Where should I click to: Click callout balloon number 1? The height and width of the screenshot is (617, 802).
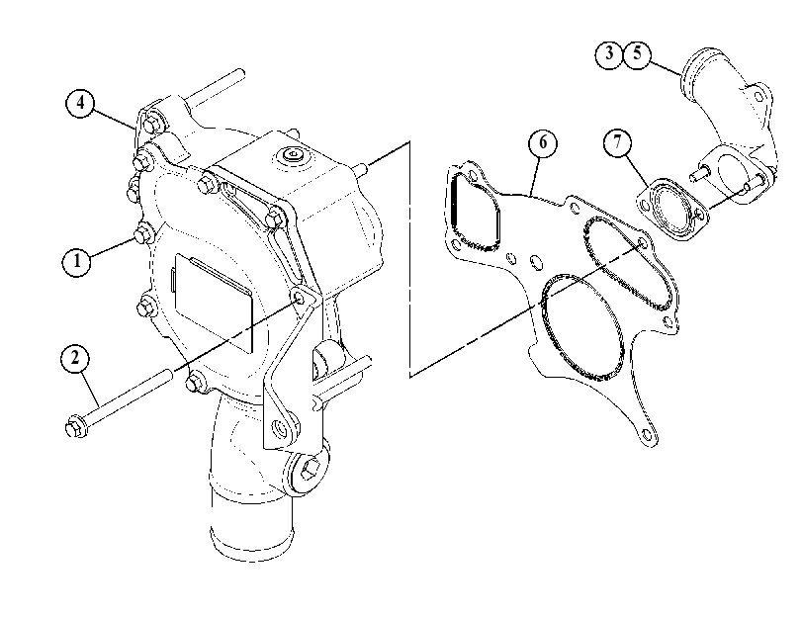coord(77,261)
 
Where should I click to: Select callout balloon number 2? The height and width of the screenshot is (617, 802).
coord(75,358)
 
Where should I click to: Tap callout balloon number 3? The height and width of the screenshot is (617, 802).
coord(608,53)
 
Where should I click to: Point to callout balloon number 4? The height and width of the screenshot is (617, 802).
coord(80,103)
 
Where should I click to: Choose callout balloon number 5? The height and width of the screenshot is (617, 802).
coord(637,53)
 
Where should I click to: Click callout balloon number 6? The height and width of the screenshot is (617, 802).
coord(542,142)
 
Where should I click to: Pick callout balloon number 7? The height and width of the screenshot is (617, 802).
coord(617,142)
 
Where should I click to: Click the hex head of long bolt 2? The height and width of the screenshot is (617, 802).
coord(77,427)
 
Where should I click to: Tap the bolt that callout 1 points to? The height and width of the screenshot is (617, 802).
coord(142,232)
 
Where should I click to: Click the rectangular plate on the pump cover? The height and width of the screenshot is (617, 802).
coord(213,303)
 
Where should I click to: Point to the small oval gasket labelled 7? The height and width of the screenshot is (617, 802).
coord(671,210)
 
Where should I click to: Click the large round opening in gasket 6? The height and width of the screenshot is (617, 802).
coord(582,327)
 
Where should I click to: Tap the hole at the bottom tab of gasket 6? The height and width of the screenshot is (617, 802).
coord(646,435)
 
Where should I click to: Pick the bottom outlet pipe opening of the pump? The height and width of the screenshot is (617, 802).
coord(251,540)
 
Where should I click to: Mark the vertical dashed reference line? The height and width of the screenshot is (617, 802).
coord(409,259)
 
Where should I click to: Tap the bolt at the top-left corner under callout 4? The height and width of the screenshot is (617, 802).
coord(152,125)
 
